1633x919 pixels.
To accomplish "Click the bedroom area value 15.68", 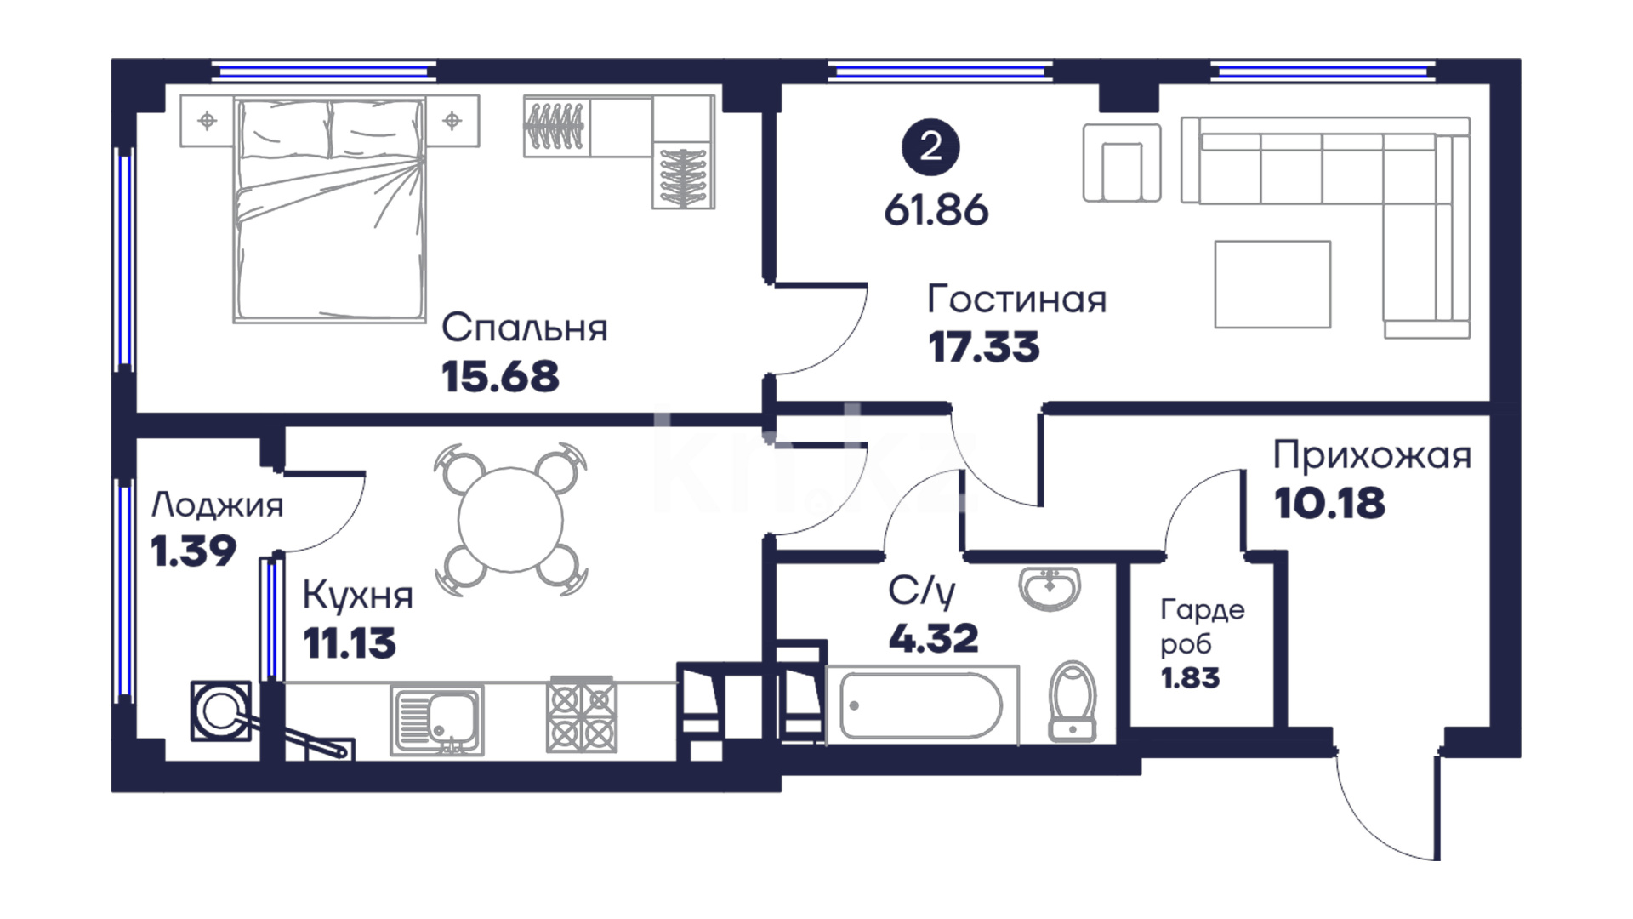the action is [500, 376].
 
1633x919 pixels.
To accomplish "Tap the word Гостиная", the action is [1016, 300].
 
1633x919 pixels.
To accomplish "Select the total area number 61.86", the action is [936, 209].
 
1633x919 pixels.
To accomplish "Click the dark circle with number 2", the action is [930, 147].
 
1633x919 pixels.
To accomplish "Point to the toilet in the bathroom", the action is [1073, 701].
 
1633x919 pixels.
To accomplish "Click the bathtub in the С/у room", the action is [922, 705].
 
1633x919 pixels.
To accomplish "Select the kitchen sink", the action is [437, 720].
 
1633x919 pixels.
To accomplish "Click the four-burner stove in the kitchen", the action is [582, 714].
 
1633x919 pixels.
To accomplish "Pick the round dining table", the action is [510, 519].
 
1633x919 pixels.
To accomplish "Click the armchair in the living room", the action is [1122, 163].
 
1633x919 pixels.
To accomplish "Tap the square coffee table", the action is [1272, 284].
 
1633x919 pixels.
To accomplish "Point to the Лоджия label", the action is [217, 506].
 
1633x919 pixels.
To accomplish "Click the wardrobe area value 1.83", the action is [1190, 678].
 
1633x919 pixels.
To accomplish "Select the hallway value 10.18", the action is [1329, 504].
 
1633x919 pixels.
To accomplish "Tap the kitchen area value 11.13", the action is [350, 643].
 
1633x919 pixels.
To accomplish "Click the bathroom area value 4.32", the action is [933, 638].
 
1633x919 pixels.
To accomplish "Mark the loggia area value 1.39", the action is [193, 551].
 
